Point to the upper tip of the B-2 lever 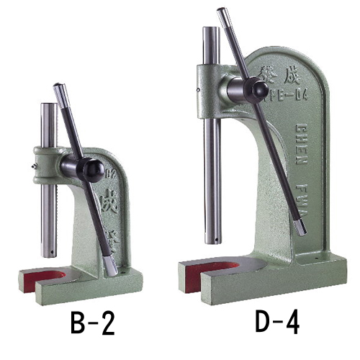coord(58,88)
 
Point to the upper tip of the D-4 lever coord(222,12)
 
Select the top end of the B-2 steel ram coord(48,106)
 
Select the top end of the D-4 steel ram coord(211,30)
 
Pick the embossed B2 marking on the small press coord(110,173)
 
